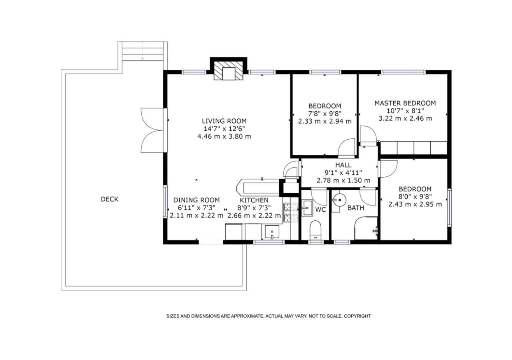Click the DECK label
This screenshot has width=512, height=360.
[x=110, y=199]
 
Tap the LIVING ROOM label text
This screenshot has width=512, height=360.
[x=224, y=121]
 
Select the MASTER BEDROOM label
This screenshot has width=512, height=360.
[x=405, y=103]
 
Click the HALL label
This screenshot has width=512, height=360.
[x=343, y=165]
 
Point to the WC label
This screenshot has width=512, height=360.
[x=320, y=210]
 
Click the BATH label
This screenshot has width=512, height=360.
[x=356, y=208]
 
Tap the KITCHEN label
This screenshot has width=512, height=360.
[x=254, y=200]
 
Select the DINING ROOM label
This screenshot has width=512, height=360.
[x=196, y=200]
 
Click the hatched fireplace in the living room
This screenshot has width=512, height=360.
[x=228, y=70]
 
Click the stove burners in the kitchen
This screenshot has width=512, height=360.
[x=291, y=212]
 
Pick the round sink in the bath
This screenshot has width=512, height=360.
[x=340, y=200]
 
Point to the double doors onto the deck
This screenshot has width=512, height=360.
[x=152, y=130]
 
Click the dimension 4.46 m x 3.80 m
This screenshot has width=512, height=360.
[x=224, y=136]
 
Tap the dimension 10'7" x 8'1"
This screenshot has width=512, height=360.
[x=405, y=111]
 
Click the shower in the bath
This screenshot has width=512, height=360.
[x=366, y=228]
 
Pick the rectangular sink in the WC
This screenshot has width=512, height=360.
[x=307, y=208]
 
